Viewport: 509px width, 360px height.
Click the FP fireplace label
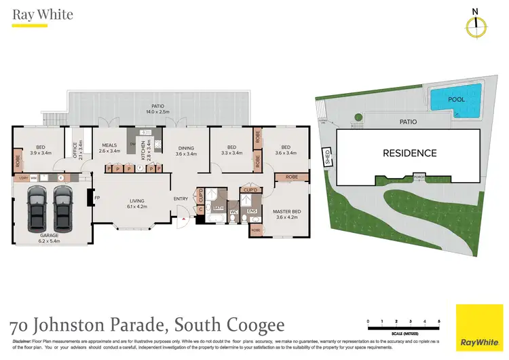(x=97, y=198)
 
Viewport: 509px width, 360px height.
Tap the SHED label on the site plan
(x=326, y=157)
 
